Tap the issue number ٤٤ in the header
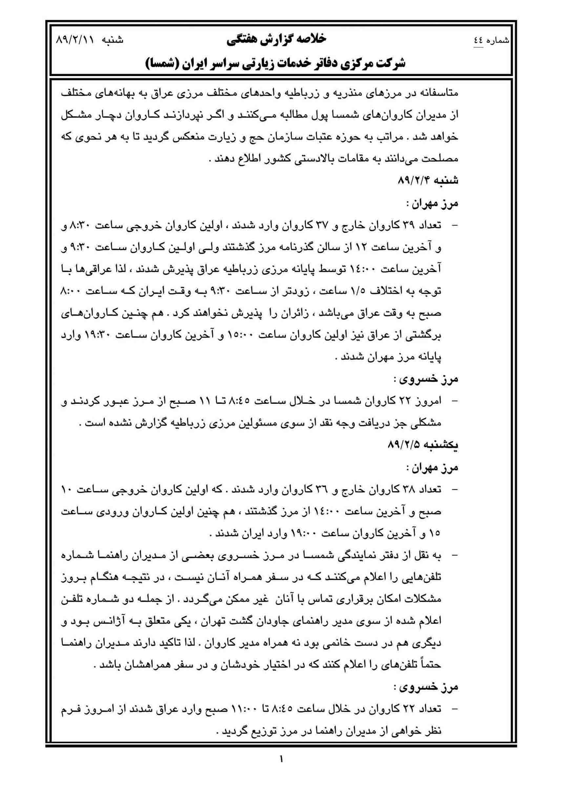point(479,40)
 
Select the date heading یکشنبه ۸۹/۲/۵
point(423,445)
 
